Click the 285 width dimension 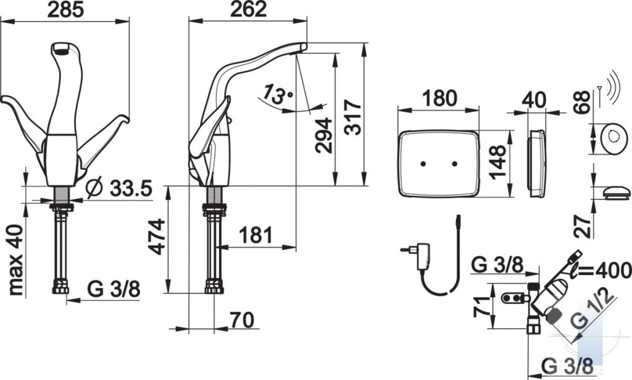click(x=65, y=10)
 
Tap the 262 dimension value click(x=248, y=10)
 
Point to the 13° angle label click(x=277, y=96)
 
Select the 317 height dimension click(x=354, y=117)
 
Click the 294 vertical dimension click(x=323, y=135)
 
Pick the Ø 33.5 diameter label click(x=119, y=188)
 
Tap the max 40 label click(x=16, y=260)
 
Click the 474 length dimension click(x=157, y=237)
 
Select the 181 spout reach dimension click(x=256, y=235)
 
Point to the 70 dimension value click(x=242, y=320)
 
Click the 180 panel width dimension click(x=439, y=98)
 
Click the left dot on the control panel click(x=423, y=164)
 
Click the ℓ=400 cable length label click(x=600, y=270)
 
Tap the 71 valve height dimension click(x=482, y=306)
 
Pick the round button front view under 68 click(x=614, y=138)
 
